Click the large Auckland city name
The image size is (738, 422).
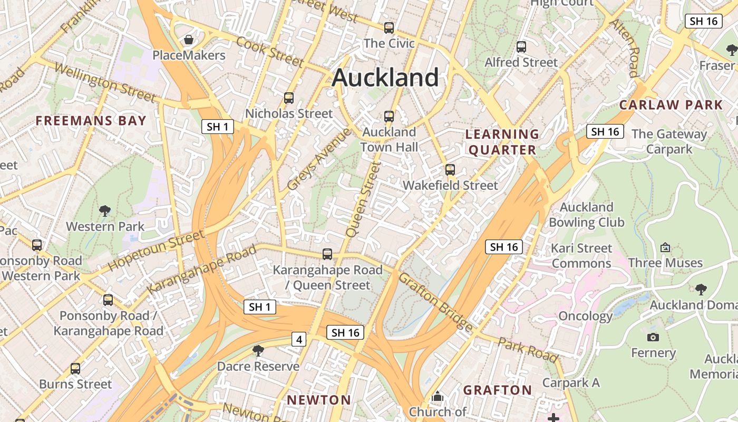(385, 78)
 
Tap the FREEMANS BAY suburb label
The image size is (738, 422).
(91, 121)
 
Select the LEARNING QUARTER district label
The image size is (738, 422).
(502, 142)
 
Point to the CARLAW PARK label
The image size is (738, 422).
(671, 104)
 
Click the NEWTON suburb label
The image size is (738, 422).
(319, 400)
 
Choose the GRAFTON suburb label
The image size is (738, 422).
(498, 390)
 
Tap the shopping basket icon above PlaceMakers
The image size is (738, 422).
(188, 40)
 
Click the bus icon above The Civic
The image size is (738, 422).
(389, 28)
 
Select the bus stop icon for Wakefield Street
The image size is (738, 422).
(450, 170)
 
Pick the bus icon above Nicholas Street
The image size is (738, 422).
(289, 98)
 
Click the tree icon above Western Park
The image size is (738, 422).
(105, 211)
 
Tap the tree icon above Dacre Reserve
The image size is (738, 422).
(258, 350)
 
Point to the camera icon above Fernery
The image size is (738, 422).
(653, 337)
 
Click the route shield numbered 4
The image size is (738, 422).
(299, 340)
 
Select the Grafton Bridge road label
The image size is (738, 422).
(435, 302)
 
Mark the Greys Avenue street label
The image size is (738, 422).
(319, 159)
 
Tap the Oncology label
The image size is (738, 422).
(585, 316)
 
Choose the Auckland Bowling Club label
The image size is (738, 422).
(586, 215)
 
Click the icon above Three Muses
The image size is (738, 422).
(665, 247)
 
